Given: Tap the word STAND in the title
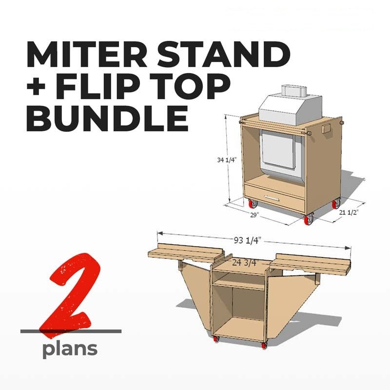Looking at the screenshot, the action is [224, 55].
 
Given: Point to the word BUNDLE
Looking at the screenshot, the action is [107, 118].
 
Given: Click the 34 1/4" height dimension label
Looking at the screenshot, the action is [226, 160].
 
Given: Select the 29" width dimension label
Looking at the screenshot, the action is [254, 215].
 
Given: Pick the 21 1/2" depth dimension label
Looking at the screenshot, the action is [348, 212].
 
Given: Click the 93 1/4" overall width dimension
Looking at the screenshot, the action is [247, 240].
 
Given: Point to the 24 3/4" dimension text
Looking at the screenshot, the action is [246, 263].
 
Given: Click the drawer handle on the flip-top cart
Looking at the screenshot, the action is [272, 198].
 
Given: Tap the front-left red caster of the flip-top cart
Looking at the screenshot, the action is [253, 204].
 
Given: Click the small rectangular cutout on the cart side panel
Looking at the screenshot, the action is [326, 129].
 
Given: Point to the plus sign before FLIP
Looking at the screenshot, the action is [36, 87].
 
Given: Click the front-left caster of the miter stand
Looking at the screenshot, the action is [216, 338].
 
